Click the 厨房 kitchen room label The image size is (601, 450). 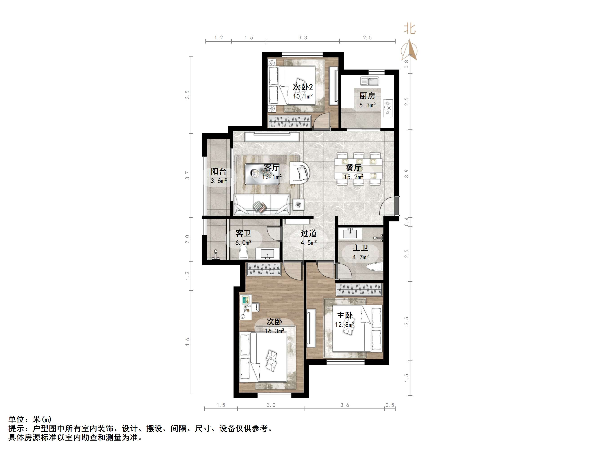coord(367,96)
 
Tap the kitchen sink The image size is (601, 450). coord(370,81)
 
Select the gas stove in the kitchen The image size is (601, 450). coord(388,108)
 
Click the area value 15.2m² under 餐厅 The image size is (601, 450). coord(354,177)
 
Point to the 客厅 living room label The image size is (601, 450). coord(272,167)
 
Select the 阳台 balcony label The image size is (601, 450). coord(218,171)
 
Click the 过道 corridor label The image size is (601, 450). coord(309,233)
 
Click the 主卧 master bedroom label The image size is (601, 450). coord(345,315)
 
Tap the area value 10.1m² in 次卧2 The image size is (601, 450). coord(303,96)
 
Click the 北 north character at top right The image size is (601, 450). coord(410,28)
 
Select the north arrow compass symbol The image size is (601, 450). coord(409,50)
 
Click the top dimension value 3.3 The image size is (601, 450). coord(303,38)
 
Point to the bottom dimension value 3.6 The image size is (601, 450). coord(345,405)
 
